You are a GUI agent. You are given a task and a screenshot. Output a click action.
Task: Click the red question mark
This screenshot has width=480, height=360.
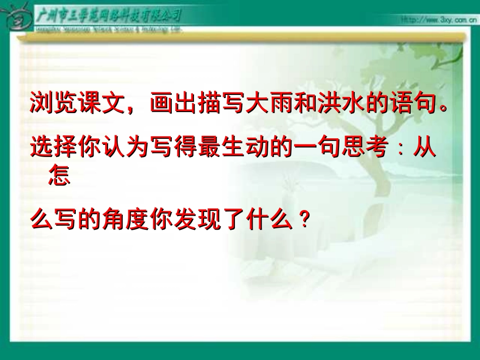[x=303, y=221]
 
